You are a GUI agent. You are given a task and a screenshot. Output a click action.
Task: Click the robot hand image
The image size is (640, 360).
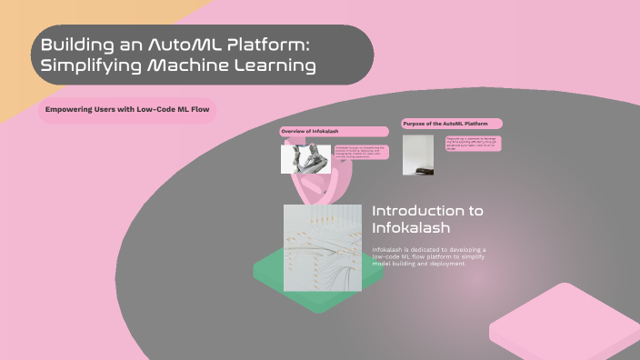tap(305, 159)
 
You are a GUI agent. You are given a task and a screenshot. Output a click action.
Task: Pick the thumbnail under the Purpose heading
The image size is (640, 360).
tap(418, 155)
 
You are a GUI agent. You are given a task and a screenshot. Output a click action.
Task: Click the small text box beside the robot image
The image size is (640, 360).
tap(361, 152)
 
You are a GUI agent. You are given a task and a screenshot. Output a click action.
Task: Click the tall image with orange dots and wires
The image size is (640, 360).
tap(323, 247)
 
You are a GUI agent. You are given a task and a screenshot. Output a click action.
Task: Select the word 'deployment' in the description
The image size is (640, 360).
tap(442, 264)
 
